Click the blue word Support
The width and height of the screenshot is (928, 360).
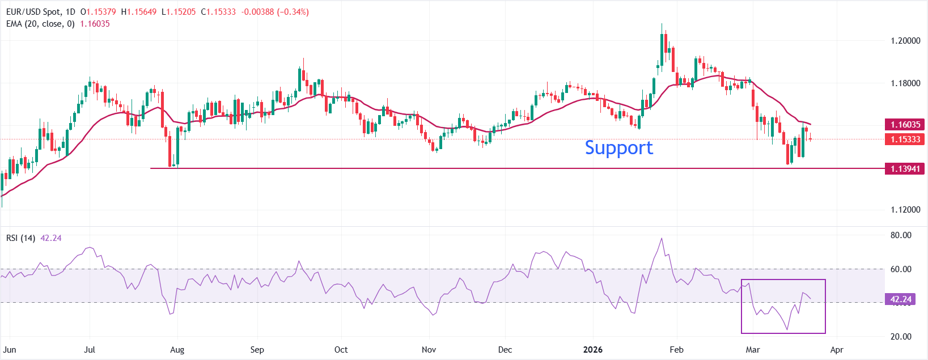[618, 147]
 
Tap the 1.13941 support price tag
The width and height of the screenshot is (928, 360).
[905, 168]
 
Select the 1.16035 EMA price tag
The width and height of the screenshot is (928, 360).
[905, 124]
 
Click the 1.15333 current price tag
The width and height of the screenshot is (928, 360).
[905, 139]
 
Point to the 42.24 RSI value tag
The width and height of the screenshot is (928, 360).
[901, 299]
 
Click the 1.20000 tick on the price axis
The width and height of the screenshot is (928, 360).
[905, 41]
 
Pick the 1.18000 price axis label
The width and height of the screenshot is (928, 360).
[905, 83]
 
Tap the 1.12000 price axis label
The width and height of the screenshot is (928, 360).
[905, 210]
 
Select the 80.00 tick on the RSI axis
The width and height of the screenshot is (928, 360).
[901, 235]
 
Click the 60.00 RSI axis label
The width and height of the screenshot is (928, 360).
[901, 269]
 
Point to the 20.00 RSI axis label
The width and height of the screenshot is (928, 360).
[901, 336]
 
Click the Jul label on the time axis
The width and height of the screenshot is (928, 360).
[90, 349]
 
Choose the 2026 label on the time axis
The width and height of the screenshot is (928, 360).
[592, 349]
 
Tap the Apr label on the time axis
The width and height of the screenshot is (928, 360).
[837, 349]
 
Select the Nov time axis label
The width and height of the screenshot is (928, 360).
[429, 349]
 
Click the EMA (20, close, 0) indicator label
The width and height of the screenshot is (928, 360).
[40, 24]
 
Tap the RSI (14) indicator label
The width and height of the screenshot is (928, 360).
[20, 238]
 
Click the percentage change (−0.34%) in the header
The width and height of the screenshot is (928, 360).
[293, 12]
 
